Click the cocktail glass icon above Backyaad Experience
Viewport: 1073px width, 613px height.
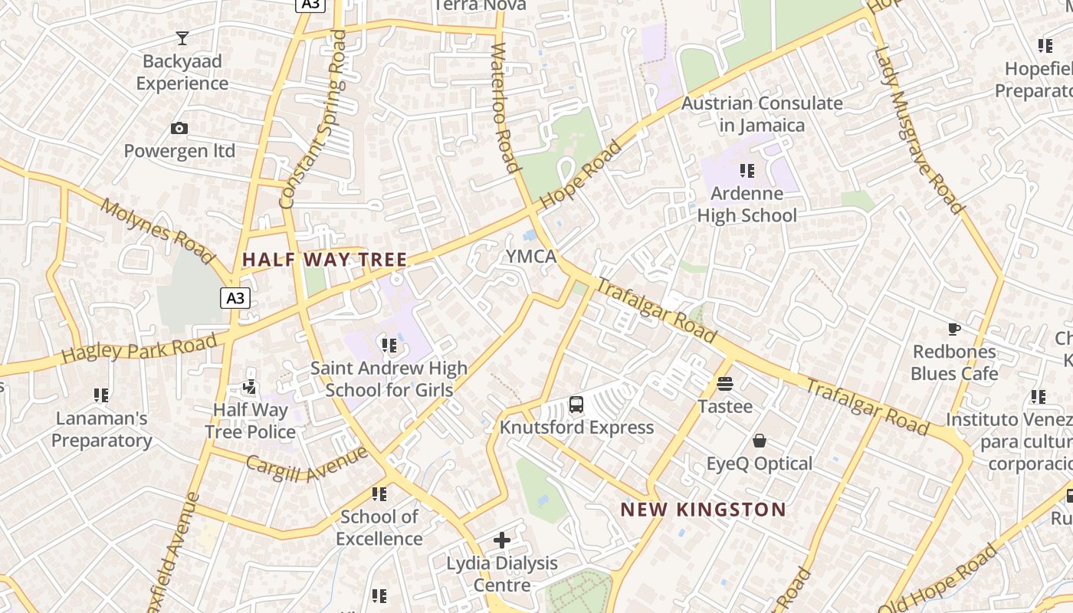click(182, 38)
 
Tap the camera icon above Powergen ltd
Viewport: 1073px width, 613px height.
click(179, 128)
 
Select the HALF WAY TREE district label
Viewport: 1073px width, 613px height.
click(324, 260)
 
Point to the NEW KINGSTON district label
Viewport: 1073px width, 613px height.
click(703, 510)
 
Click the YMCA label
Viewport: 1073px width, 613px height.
click(531, 257)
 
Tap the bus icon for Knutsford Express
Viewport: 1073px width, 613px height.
click(576, 405)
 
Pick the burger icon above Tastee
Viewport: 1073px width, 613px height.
click(725, 383)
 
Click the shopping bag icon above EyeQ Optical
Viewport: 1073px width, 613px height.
click(759, 441)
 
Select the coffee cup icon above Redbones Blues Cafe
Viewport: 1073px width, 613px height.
click(953, 329)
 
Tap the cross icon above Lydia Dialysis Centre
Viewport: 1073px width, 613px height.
click(502, 540)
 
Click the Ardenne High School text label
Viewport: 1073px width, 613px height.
click(747, 205)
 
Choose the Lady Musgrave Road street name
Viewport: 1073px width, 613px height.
click(917, 129)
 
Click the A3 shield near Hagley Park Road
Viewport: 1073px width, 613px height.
click(235, 298)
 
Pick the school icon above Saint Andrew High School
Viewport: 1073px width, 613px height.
click(389, 346)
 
